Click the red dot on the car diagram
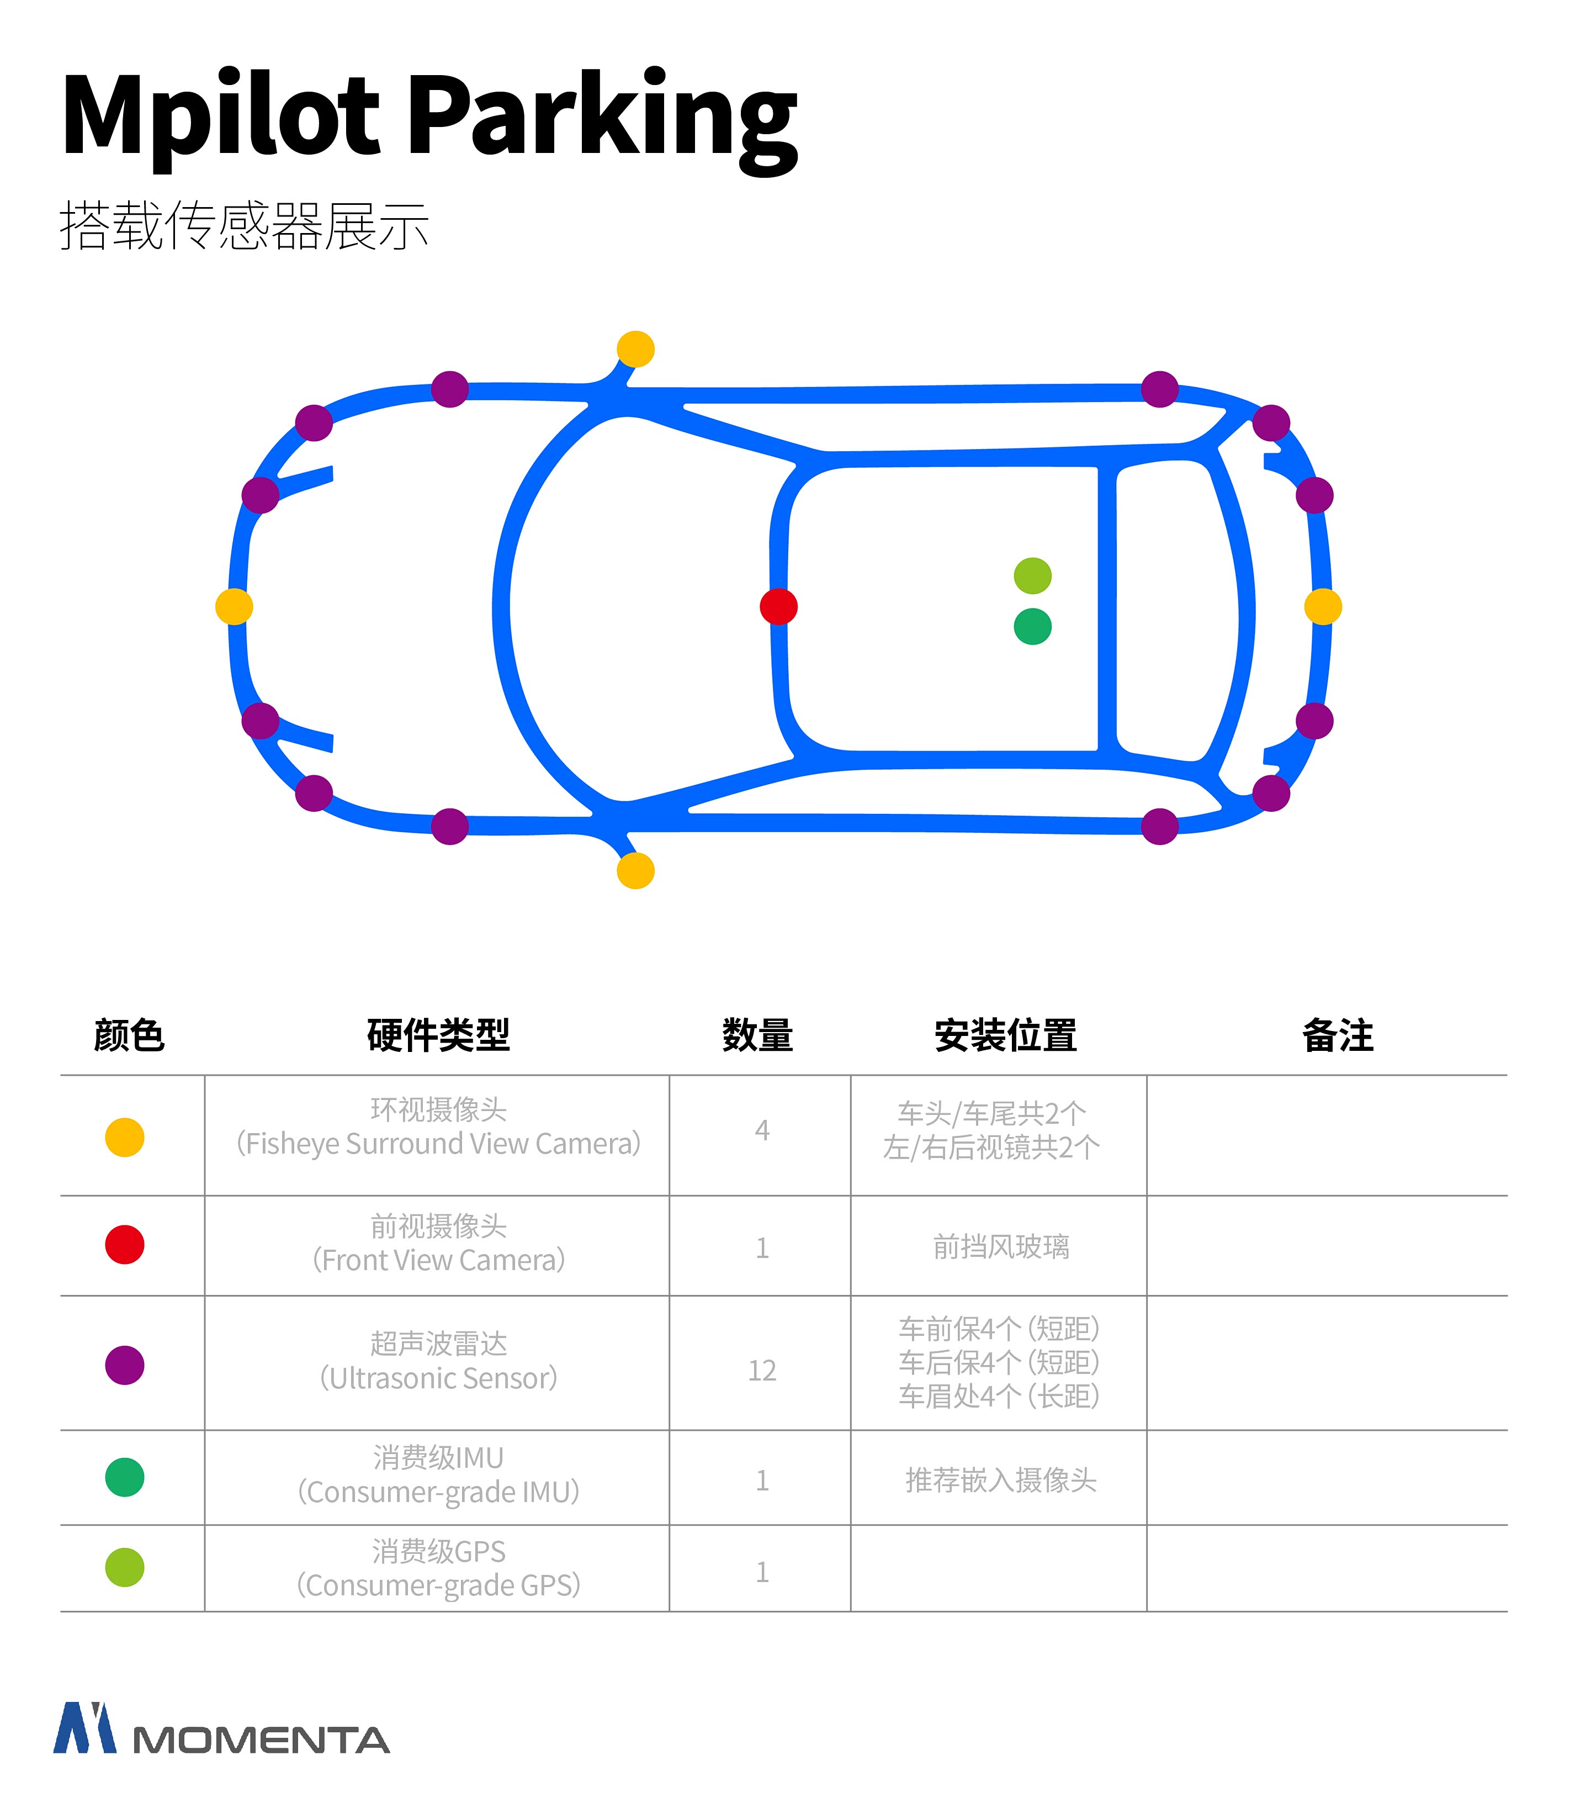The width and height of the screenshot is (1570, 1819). pos(778,607)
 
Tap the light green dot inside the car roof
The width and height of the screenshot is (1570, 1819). pos(1032,576)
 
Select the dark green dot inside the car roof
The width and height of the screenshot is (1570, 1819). pos(1032,627)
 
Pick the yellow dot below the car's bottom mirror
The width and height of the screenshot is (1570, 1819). pos(635,871)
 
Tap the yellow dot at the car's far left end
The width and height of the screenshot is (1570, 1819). pos(234,607)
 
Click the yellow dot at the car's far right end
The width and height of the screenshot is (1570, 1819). pos(1323,607)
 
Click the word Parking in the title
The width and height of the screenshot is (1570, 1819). pos(604,119)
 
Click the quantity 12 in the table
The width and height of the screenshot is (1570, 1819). pos(762,1371)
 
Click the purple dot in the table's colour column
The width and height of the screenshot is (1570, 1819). pos(125,1365)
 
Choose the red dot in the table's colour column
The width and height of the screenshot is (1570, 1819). pos(125,1245)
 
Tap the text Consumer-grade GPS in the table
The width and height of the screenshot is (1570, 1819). pos(439,1585)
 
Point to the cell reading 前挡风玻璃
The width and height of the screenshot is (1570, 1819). pos(1000,1246)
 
